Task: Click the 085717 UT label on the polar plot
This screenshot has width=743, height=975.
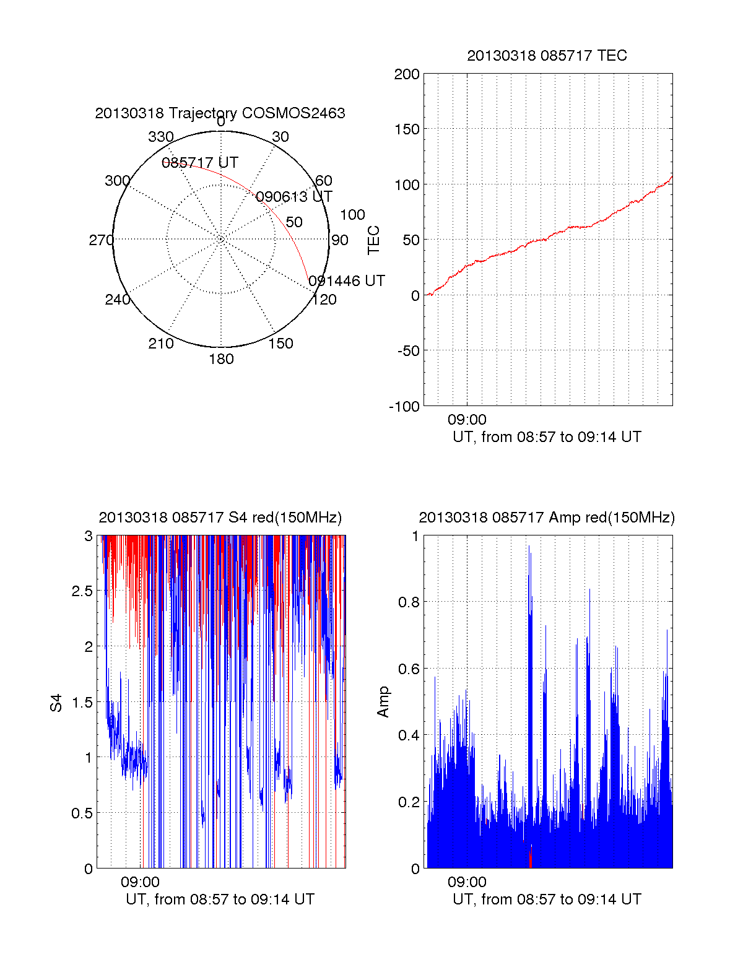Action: [200, 163]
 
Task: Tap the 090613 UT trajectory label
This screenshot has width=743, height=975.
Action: [294, 197]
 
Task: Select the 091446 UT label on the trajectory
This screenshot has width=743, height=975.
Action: [347, 281]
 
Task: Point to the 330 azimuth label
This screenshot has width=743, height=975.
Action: [161, 137]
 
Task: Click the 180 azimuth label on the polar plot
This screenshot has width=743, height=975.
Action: [221, 359]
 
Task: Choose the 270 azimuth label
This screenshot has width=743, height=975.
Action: [101, 240]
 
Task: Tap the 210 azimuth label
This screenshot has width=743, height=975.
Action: [161, 344]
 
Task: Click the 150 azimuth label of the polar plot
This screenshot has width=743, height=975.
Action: [280, 344]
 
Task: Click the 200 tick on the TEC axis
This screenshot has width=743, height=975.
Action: [407, 75]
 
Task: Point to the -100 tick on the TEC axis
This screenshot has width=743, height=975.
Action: [404, 407]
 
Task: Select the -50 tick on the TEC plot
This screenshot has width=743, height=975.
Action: [407, 351]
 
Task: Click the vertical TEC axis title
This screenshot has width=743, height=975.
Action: [374, 240]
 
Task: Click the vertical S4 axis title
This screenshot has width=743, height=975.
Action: [56, 703]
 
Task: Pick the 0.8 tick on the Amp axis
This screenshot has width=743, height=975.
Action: [407, 602]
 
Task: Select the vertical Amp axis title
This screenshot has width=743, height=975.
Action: [384, 701]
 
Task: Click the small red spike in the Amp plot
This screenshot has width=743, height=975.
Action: [531, 857]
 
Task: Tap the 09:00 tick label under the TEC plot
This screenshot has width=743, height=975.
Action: [467, 420]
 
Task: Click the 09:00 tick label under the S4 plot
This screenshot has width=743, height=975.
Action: [140, 882]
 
